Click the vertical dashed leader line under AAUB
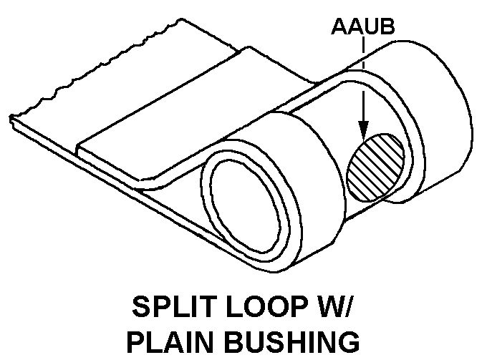click(x=363, y=72)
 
